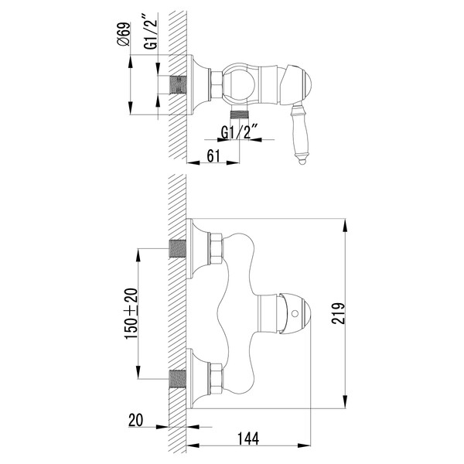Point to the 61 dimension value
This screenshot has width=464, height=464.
(x=216, y=156)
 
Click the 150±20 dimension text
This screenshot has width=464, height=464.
(x=131, y=313)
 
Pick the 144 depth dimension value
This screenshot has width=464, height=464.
(x=249, y=438)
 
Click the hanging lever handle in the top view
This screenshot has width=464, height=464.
(x=298, y=131)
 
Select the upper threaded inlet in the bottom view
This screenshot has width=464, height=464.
(x=178, y=250)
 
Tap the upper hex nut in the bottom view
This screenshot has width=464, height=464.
(x=217, y=250)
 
